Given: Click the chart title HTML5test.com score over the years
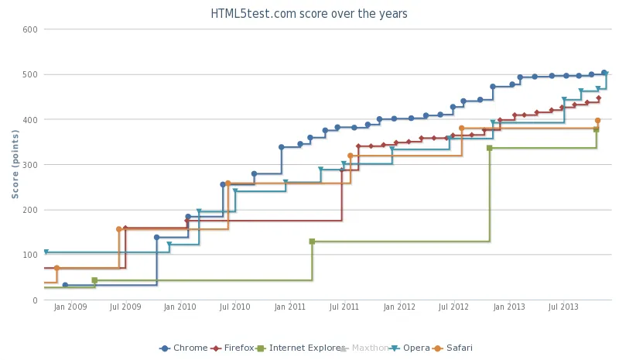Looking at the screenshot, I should (x=309, y=14).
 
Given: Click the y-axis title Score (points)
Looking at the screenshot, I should (x=15, y=163).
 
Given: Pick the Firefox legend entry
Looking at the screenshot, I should (x=233, y=348).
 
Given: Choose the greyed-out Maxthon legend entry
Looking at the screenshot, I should (x=364, y=348).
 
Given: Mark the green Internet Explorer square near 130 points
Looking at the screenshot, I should (x=312, y=242).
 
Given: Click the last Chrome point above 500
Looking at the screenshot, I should (x=604, y=73).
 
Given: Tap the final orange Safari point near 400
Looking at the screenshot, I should (x=597, y=121).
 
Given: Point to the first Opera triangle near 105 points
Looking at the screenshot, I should (x=46, y=252).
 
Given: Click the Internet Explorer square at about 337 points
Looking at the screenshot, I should (x=489, y=148).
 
